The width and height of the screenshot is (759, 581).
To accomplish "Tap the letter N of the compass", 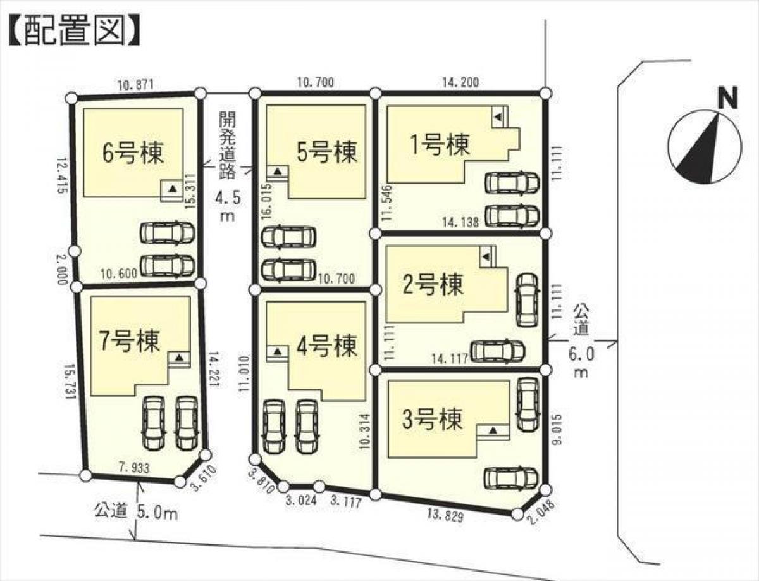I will click(728, 99).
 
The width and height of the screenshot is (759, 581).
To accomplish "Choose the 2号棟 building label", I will click(434, 284).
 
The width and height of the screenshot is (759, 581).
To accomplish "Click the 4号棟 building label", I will click(326, 346).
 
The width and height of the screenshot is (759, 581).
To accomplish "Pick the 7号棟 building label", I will click(130, 340).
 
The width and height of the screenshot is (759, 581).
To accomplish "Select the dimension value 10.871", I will click(135, 84).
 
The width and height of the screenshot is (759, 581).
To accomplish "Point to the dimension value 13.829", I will click(447, 517).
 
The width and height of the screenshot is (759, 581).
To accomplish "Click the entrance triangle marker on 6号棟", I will click(171, 187).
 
